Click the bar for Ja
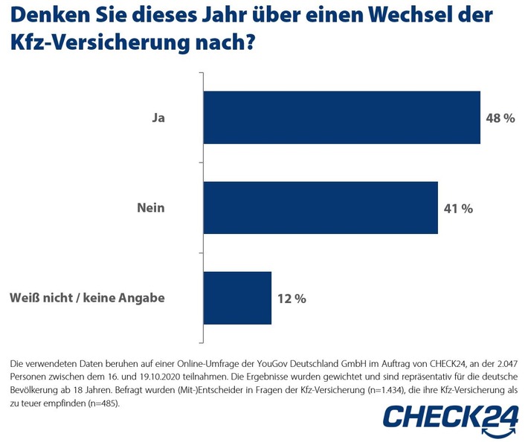[x=341, y=117]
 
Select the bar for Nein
[x=320, y=208]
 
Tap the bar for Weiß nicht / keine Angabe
[x=236, y=298]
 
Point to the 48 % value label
[x=500, y=118]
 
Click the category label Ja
[x=156, y=118]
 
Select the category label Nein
[x=150, y=209]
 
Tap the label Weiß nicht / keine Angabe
[x=87, y=299]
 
